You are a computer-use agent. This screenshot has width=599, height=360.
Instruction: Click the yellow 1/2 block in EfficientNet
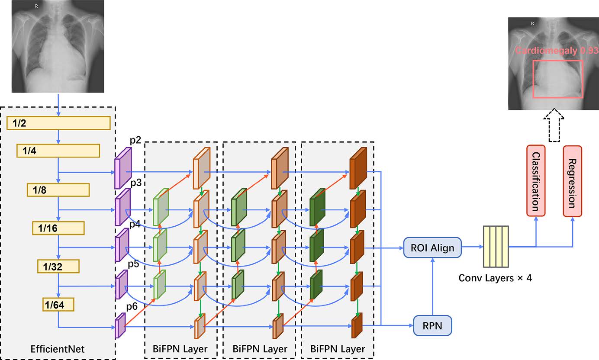pos(58,123)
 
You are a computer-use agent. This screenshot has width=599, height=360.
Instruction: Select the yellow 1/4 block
pos(58,151)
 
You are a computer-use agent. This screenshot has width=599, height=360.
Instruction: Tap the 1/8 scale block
pos(58,190)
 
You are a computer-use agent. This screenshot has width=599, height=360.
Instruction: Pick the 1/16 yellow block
pos(58,228)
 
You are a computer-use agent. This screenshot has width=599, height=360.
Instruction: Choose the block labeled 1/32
pos(58,266)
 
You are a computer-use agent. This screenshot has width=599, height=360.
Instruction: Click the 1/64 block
pos(58,305)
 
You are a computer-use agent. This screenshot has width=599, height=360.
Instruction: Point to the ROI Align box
pos(432,247)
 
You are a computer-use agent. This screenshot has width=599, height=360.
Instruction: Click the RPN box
pos(432,325)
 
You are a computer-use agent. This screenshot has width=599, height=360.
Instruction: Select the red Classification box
pos(536,181)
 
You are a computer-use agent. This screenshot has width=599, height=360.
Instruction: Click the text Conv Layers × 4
pos(495,277)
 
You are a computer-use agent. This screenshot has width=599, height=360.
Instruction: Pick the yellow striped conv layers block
pos(496,247)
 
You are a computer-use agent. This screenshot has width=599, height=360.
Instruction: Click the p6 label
pos(132,307)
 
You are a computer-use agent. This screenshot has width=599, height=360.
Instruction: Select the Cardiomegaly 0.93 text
pos(556,51)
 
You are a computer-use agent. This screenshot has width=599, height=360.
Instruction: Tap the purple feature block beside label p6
pos(120,325)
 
